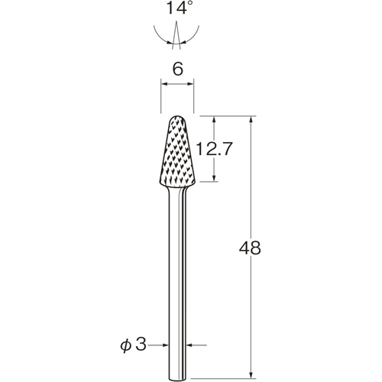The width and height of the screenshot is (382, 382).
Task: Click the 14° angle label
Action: (x=178, y=8)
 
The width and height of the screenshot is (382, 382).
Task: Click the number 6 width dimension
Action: (x=177, y=69)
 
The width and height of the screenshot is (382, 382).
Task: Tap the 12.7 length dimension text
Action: (x=214, y=149)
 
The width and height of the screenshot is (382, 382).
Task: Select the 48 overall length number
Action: (x=250, y=248)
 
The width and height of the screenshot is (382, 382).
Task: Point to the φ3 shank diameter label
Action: (x=134, y=345)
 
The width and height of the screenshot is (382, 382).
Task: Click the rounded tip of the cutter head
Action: (x=177, y=117)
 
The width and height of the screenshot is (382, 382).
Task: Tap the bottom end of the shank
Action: (x=177, y=379)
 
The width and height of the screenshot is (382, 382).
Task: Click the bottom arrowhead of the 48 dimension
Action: (x=251, y=374)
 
